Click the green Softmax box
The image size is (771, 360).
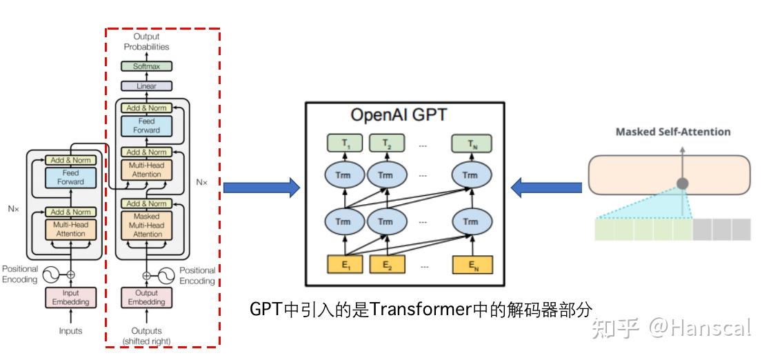(x=146, y=67)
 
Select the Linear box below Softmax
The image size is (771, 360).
(x=146, y=86)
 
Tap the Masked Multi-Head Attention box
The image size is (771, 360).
(x=146, y=226)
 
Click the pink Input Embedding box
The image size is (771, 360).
(x=70, y=297)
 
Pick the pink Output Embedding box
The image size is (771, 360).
(x=146, y=297)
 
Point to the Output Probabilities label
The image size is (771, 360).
(x=146, y=41)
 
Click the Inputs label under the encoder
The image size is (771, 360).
(x=70, y=331)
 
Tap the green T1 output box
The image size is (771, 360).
(x=339, y=144)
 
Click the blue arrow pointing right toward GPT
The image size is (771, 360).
(x=261, y=187)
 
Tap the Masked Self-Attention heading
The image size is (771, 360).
(x=672, y=132)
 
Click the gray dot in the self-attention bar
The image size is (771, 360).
(x=682, y=184)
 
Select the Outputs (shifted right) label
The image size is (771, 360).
(x=146, y=336)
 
